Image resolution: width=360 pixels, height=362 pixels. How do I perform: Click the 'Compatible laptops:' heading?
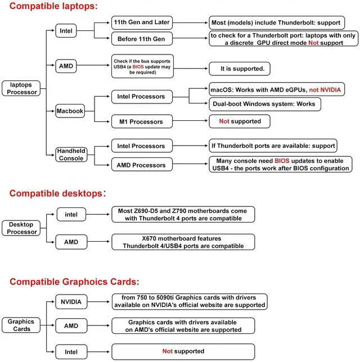[53, 7]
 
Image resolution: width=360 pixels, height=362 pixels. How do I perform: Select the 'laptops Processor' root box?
[20, 88]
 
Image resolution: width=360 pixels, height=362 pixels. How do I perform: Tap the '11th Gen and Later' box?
[141, 23]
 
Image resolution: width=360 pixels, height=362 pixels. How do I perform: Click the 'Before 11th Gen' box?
[141, 39]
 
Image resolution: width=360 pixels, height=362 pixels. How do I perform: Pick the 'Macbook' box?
[70, 111]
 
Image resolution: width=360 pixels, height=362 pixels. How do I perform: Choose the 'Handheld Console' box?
[71, 155]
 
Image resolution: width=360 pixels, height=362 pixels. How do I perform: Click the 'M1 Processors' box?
[141, 121]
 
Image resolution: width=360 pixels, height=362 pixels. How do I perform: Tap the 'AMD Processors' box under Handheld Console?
[141, 165]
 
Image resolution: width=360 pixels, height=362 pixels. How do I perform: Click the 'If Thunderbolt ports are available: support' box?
[273, 146]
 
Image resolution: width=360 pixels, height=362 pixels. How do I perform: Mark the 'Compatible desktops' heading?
[57, 193]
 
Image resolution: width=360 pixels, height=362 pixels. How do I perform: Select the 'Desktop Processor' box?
[21, 228]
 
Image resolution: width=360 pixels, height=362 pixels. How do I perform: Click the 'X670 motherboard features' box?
[183, 242]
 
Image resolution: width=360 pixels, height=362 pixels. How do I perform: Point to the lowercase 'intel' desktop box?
[71, 214]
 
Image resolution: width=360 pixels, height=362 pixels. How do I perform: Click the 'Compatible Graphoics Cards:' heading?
[74, 282]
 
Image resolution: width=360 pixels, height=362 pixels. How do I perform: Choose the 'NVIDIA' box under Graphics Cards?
[71, 302]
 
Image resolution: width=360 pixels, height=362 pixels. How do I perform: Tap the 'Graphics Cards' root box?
[21, 325]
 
